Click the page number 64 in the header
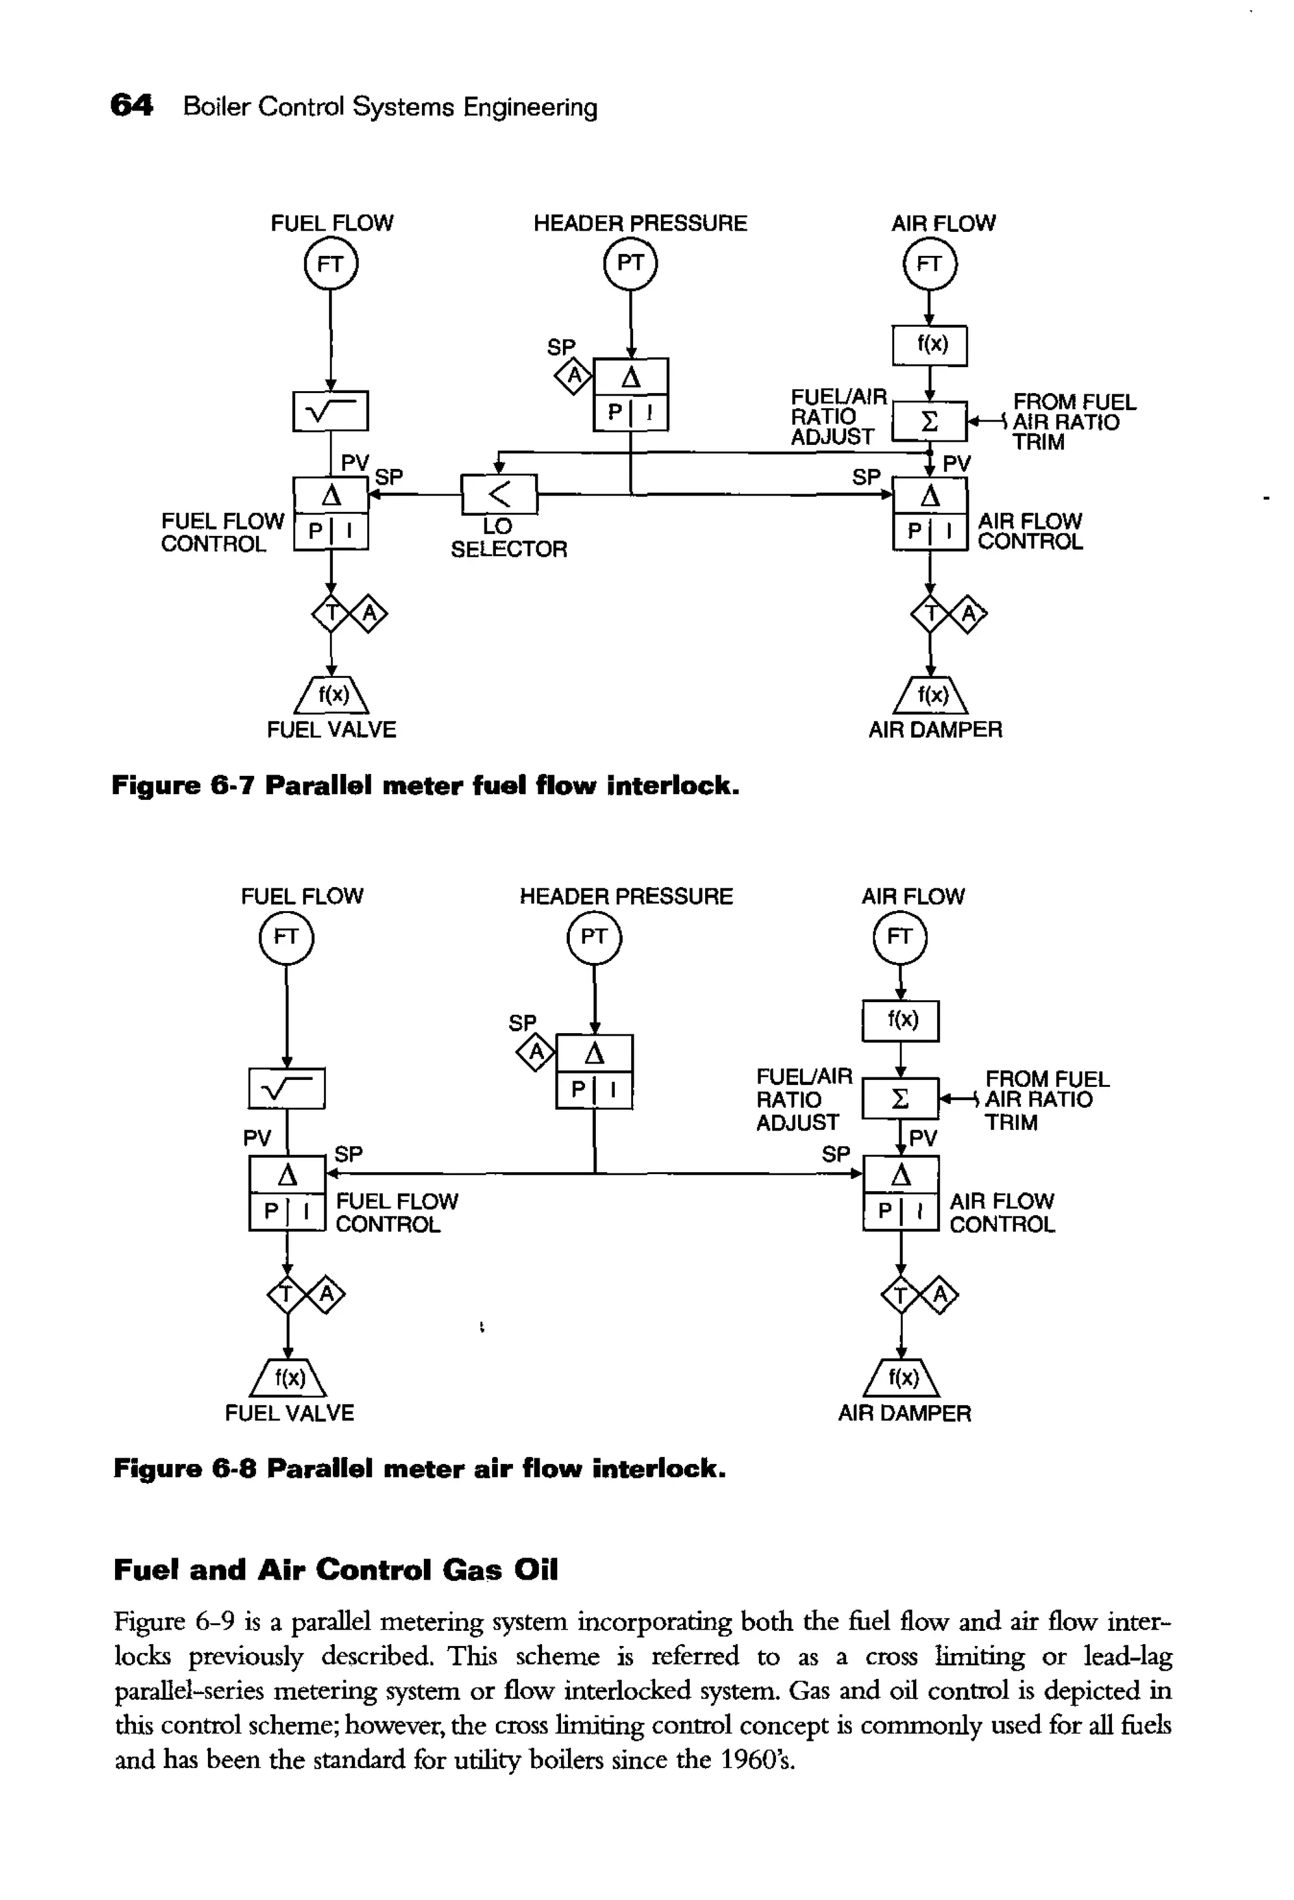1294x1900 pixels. tap(131, 106)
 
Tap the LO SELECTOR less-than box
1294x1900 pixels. tap(499, 494)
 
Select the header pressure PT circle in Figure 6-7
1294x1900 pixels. tap(629, 263)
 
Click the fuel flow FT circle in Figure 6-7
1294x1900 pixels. tap(330, 264)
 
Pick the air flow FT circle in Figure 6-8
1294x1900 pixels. tap(899, 937)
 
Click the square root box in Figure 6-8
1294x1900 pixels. tap(286, 1088)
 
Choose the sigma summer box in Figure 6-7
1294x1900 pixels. tap(929, 422)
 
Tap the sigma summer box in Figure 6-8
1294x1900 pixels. tap(900, 1099)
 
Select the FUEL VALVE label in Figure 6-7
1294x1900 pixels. tap(331, 729)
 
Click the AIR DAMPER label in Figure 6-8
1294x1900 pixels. tap(904, 1413)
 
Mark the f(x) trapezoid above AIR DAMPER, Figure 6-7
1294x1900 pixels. tap(931, 696)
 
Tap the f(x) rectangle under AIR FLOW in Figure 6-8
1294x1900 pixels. tap(901, 1020)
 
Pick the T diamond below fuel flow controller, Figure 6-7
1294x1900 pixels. tap(331, 612)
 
